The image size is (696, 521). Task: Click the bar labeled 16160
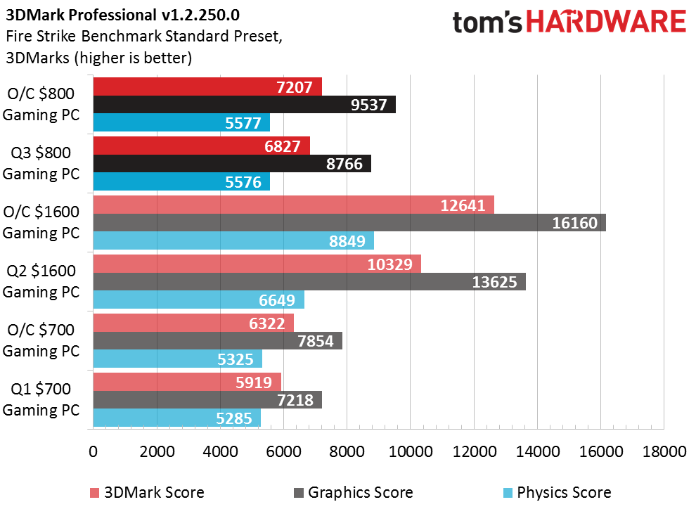(349, 223)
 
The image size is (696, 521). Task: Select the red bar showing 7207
(207, 86)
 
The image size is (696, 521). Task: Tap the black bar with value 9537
(244, 104)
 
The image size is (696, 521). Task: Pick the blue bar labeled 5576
(181, 181)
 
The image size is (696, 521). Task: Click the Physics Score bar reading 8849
(233, 240)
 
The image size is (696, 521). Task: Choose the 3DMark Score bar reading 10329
(257, 264)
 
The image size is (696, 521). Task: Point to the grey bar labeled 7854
(217, 341)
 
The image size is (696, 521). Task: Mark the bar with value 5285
(176, 418)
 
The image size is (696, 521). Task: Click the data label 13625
(494, 282)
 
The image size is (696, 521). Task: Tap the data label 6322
(266, 323)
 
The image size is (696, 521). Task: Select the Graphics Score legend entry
(354, 493)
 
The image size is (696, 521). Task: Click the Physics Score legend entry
(557, 493)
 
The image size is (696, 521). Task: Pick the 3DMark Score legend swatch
(94, 493)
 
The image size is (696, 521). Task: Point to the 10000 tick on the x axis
(411, 452)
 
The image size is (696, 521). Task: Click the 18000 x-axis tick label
(664, 452)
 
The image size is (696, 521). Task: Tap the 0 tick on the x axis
(94, 452)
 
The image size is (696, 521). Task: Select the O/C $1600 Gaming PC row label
(41, 222)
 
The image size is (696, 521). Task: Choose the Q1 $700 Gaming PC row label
(41, 399)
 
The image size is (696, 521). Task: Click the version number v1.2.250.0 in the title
(200, 15)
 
